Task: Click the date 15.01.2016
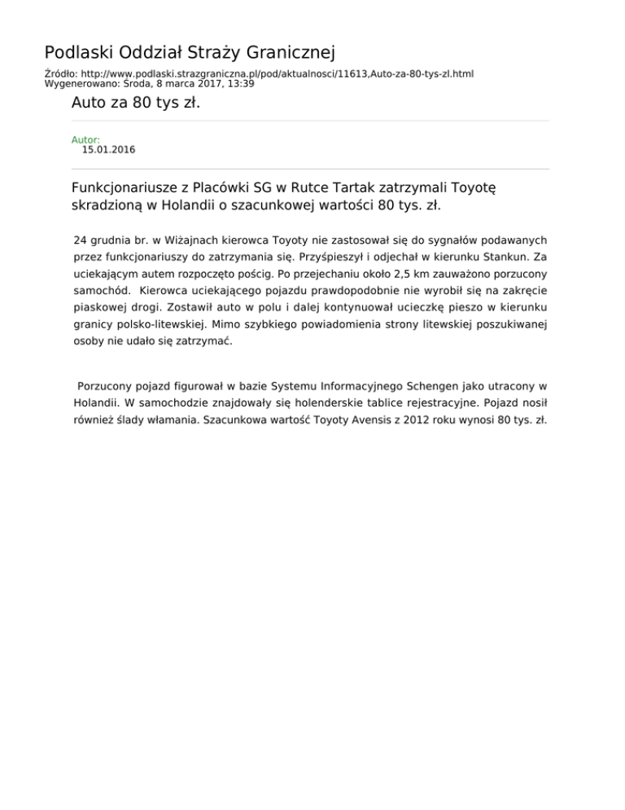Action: [x=108, y=150]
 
